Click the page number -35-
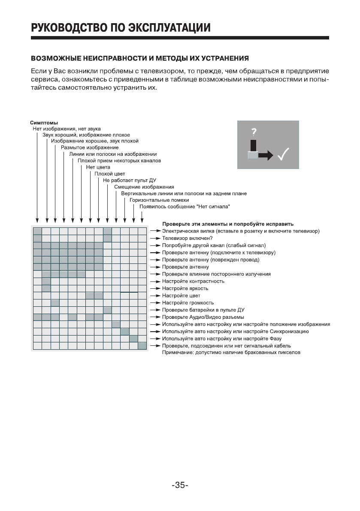(180, 486)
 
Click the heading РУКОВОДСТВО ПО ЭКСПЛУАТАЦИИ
(121, 28)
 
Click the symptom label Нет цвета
(98, 167)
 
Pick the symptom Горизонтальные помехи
(159, 200)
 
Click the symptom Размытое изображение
(84, 147)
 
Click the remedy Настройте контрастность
(193, 281)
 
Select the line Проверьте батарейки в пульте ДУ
(203, 310)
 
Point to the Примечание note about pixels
(231, 353)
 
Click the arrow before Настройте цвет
(154, 296)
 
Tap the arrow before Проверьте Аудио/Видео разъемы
(154, 317)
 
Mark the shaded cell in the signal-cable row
(142, 346)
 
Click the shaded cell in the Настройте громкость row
(55, 303)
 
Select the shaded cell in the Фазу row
(133, 339)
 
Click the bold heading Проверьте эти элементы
(227, 224)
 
